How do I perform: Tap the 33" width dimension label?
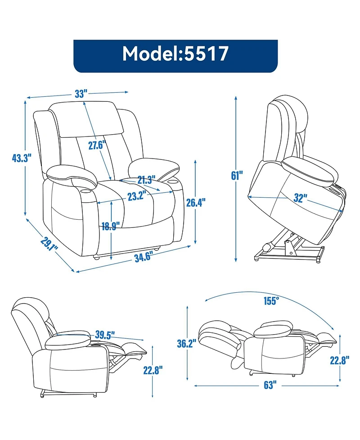point(81,94)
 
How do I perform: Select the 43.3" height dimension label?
point(21,158)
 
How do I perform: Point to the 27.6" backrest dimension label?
point(96,145)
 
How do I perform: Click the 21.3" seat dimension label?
point(146,180)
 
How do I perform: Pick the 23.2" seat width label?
point(135,196)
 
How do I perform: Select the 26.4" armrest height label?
point(196,203)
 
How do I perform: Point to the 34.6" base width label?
point(143,256)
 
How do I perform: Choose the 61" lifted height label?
point(236,176)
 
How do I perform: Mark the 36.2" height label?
point(186,344)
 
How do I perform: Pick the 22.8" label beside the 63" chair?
point(341,360)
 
